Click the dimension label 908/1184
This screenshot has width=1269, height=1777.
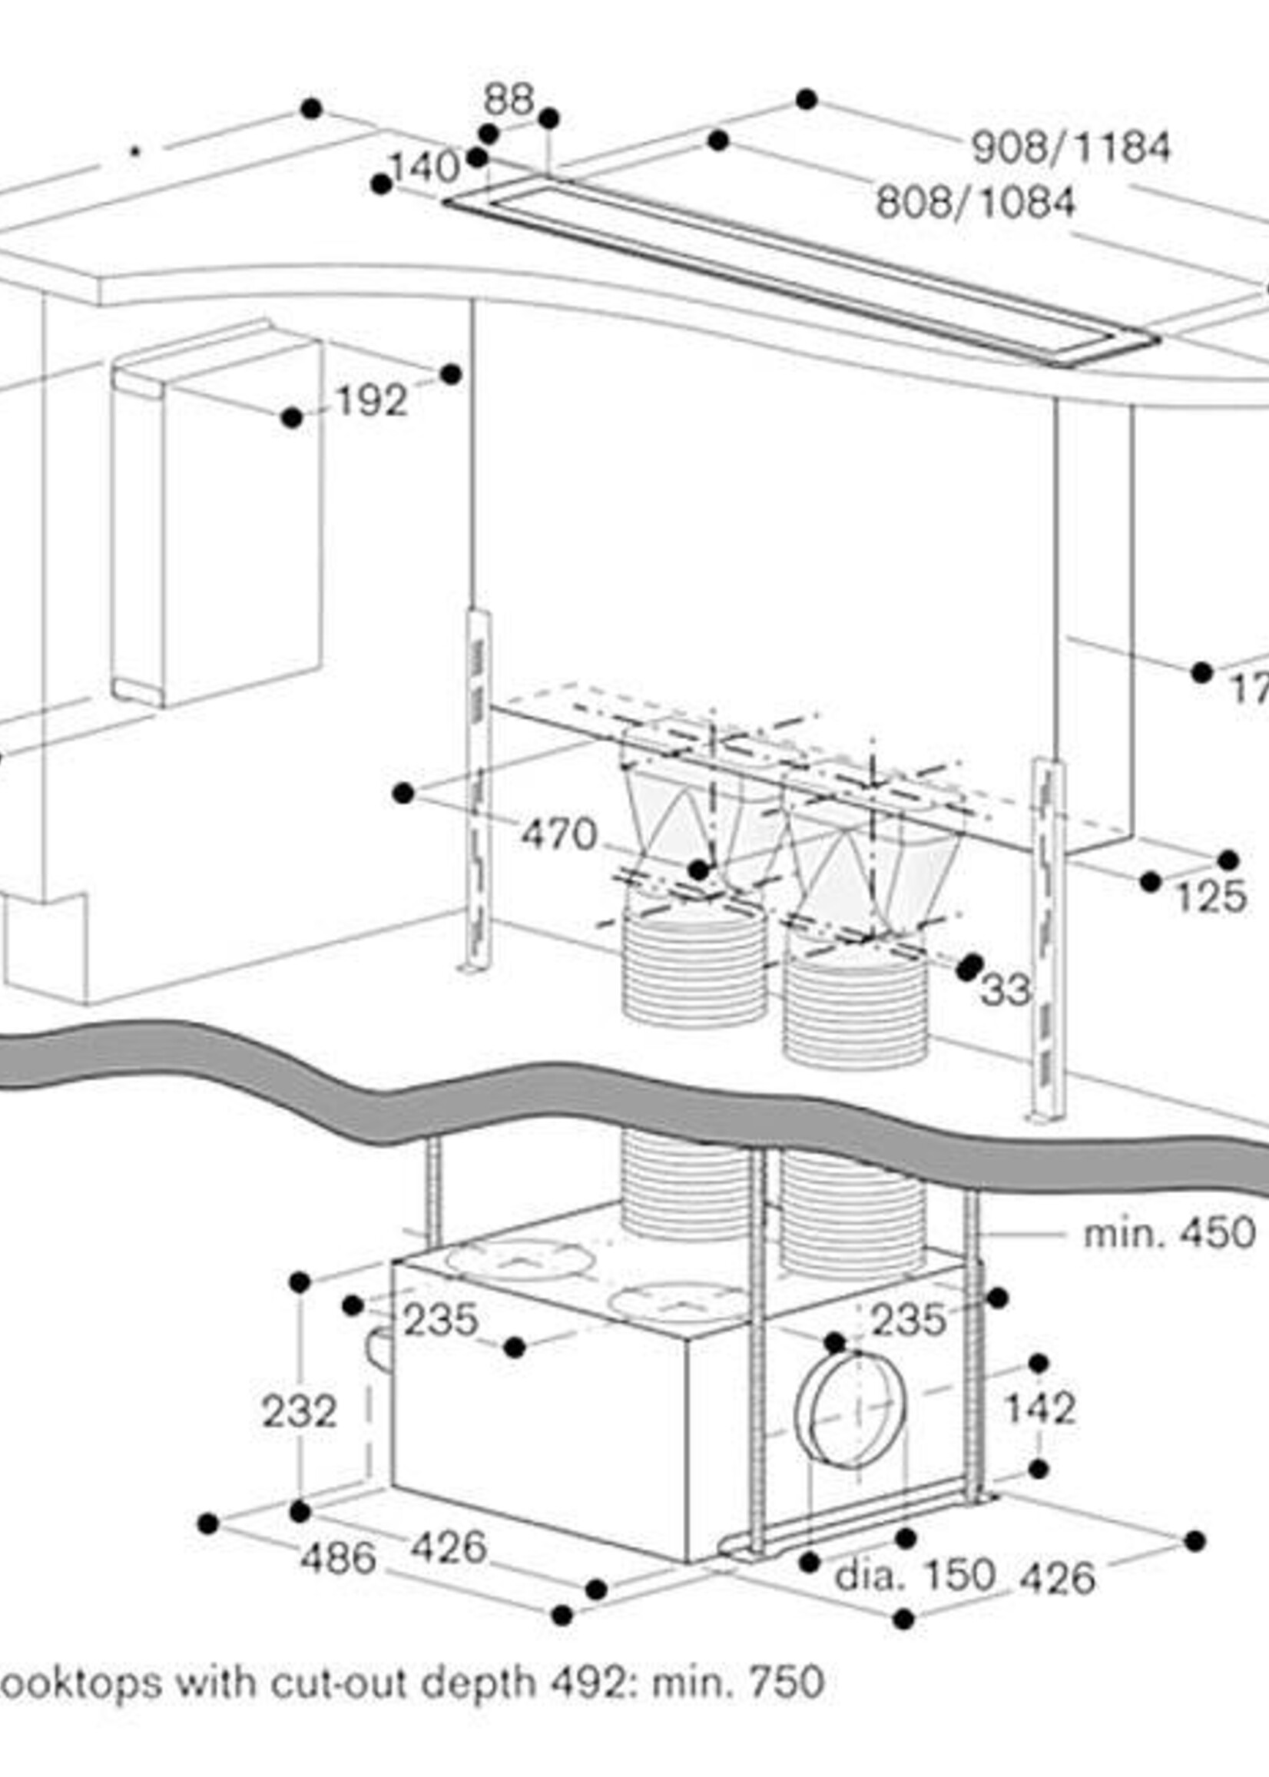[x=1072, y=148]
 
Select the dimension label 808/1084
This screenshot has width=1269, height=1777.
[x=976, y=203]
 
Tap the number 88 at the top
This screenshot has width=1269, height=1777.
[x=508, y=100]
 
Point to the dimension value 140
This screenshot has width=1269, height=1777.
[x=425, y=167]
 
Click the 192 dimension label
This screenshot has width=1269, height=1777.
[x=371, y=402]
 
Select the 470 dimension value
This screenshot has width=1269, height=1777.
[x=558, y=834]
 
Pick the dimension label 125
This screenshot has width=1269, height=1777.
[x=1211, y=897]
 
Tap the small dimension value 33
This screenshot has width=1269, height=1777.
[x=1006, y=991]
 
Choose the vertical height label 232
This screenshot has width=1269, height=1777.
[x=299, y=1411]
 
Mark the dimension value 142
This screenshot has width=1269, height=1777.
[x=1040, y=1408]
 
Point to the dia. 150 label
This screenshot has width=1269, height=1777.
[x=914, y=1576]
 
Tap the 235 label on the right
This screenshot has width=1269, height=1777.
[x=908, y=1321]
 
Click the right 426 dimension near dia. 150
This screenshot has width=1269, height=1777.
[x=1058, y=1579]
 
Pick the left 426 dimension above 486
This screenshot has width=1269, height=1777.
[x=449, y=1547]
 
